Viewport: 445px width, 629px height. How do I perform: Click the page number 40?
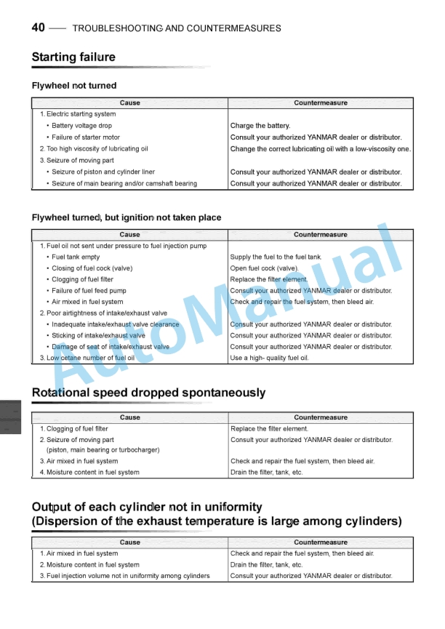(x=39, y=28)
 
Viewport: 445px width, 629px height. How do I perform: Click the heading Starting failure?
(x=73, y=57)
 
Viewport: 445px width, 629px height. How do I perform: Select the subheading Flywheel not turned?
(x=74, y=86)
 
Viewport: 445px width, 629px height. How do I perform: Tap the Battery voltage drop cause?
(x=81, y=126)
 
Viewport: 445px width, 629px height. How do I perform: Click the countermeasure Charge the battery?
(x=260, y=126)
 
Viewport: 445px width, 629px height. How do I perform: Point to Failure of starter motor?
(x=86, y=137)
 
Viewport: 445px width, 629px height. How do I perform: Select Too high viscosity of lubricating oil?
(x=94, y=149)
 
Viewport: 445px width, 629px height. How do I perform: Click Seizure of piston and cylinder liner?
(x=103, y=172)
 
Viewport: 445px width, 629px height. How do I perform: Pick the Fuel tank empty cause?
(x=76, y=257)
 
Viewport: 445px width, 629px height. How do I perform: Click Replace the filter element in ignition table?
(x=269, y=279)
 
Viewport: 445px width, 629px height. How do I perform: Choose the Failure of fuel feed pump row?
(x=89, y=291)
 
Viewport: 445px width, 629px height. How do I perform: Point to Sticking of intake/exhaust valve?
(x=98, y=336)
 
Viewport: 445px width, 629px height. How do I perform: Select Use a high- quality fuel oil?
(x=269, y=358)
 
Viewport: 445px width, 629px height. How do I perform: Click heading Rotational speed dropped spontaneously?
(x=148, y=393)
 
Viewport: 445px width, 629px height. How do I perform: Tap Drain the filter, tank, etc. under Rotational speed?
(x=266, y=473)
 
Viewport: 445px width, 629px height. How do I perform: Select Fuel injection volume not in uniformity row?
(x=124, y=576)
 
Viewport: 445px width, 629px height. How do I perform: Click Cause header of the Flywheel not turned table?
(x=129, y=103)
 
